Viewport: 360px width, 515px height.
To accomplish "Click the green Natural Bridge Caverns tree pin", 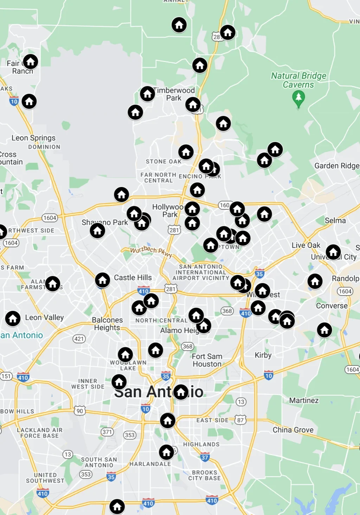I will (298, 97).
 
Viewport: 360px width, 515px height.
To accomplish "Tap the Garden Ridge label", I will (336, 166).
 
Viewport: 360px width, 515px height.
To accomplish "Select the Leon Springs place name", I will (33, 138).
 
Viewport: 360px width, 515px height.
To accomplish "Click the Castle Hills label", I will (133, 278).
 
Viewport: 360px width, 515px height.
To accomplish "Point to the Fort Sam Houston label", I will (207, 360).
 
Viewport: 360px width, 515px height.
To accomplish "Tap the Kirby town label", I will (263, 355).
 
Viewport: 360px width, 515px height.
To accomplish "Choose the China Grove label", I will (293, 430).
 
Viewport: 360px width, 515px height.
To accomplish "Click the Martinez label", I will (304, 400).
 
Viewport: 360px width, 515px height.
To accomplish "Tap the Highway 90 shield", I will (80, 411).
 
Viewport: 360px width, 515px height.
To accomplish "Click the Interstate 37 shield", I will (205, 457).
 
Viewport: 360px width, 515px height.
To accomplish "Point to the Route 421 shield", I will (79, 339).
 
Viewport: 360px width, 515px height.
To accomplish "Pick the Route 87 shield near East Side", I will (240, 420).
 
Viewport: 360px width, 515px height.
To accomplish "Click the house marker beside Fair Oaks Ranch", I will (31, 62).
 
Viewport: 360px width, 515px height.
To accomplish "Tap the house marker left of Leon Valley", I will (13, 319).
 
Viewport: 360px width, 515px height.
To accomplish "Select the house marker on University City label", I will (333, 252).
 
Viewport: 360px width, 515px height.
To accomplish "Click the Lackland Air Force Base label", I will (40, 433).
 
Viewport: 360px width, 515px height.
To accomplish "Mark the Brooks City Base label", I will (204, 475).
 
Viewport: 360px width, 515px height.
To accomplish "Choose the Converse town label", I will (332, 306).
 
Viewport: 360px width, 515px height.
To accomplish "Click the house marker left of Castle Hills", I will (102, 280).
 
